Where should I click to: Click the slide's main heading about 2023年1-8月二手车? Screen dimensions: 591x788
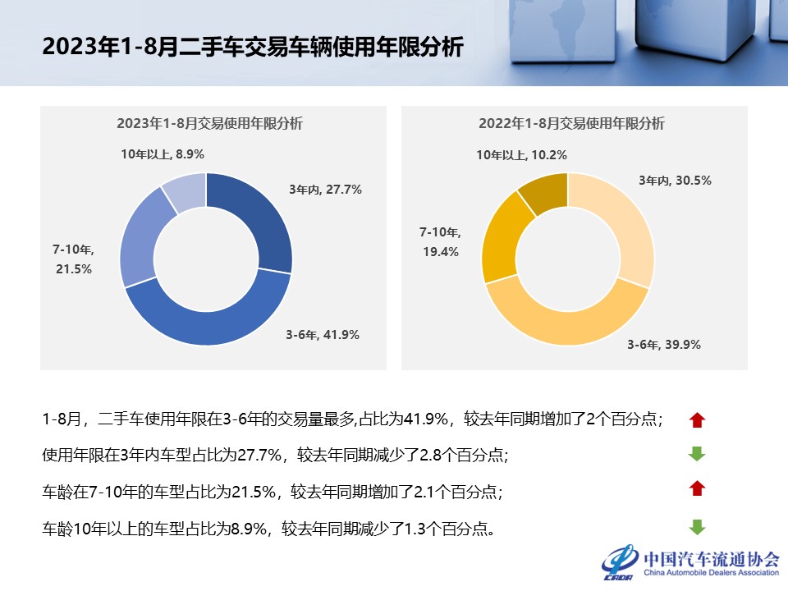tap(253, 46)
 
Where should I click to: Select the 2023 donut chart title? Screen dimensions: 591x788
tap(209, 124)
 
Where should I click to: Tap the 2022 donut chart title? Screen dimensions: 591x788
tap(571, 124)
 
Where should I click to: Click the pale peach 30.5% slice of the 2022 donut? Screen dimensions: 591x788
tap(620, 218)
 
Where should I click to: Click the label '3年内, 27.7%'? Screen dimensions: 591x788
tap(325, 189)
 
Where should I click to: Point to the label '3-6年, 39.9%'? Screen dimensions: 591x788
tap(664, 345)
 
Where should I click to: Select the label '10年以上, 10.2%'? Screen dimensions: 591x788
tap(522, 154)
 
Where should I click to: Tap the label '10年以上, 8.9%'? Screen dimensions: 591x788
tap(162, 153)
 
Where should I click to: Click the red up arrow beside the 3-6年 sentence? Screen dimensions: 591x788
tap(697, 420)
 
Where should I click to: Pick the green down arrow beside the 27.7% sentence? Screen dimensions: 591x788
tap(697, 454)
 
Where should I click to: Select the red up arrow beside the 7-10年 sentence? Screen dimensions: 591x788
tap(697, 489)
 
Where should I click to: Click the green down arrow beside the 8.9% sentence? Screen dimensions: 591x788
tap(697, 528)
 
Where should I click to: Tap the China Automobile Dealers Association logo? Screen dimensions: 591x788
tap(689, 562)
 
